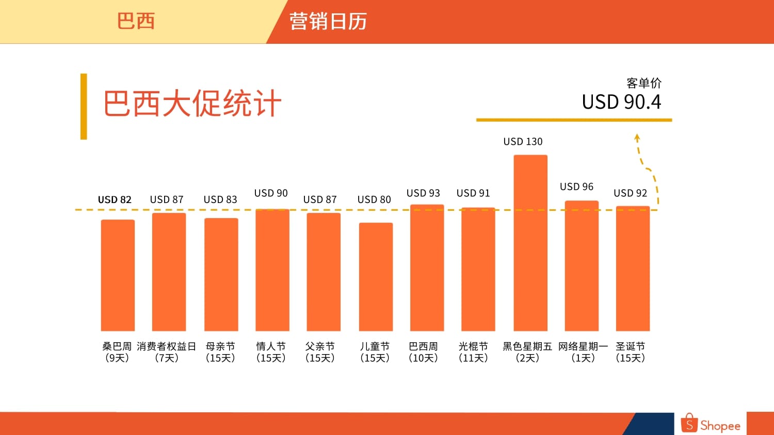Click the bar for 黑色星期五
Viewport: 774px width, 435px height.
tap(530, 243)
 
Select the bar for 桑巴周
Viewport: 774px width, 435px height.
tap(118, 275)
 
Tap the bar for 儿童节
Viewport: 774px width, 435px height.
tap(376, 277)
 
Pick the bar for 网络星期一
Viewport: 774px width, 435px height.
tap(582, 266)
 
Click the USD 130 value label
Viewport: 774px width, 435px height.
tap(523, 142)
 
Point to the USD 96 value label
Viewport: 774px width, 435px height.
tap(576, 187)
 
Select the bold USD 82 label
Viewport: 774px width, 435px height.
tap(115, 199)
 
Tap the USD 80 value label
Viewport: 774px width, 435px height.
tap(374, 199)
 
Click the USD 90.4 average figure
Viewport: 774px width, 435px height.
tap(621, 102)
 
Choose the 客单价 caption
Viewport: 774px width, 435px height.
tap(644, 83)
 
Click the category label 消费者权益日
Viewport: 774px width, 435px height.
tap(167, 346)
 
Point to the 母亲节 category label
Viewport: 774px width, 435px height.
tap(220, 346)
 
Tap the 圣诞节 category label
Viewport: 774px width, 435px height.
tap(630, 346)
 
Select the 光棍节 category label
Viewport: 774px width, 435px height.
tap(473, 346)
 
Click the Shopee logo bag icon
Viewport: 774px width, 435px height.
tap(689, 423)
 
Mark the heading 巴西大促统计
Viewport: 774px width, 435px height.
tap(192, 103)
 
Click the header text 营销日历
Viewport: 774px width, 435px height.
tap(328, 22)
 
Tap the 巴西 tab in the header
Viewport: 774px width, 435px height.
tap(136, 21)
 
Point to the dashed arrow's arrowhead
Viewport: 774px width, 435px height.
tap(637, 138)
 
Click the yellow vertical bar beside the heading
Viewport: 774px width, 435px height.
tap(84, 107)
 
